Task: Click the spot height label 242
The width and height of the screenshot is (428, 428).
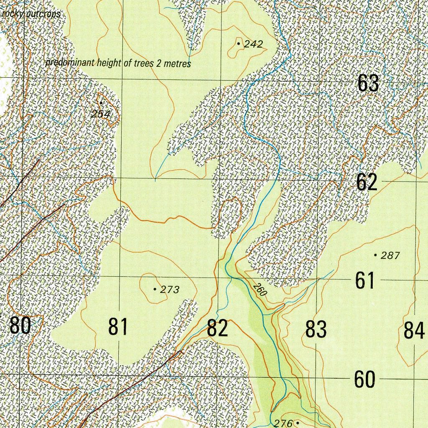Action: coord(253,44)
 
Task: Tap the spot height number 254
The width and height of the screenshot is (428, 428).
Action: coord(101,114)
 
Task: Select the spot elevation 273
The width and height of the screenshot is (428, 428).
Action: coord(170,290)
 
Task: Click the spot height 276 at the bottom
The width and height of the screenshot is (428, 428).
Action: coord(284,423)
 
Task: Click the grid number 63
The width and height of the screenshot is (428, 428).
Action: coord(368,83)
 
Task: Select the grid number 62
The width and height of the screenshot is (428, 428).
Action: coord(367,182)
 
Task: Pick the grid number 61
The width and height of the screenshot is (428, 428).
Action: coord(365,280)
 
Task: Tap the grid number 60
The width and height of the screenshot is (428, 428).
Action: coord(364,380)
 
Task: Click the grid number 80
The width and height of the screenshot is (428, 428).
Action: coord(20,326)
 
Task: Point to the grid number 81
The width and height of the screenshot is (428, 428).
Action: coord(118,326)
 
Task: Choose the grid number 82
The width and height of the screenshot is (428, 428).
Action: coord(217,328)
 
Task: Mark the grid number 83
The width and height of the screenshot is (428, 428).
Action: coord(316,329)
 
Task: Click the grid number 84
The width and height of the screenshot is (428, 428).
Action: coord(414,330)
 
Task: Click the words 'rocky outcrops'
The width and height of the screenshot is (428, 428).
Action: coord(31,14)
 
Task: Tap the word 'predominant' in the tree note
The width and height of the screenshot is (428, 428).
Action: coord(70,63)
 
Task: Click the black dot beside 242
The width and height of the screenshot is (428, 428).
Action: coord(238,43)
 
